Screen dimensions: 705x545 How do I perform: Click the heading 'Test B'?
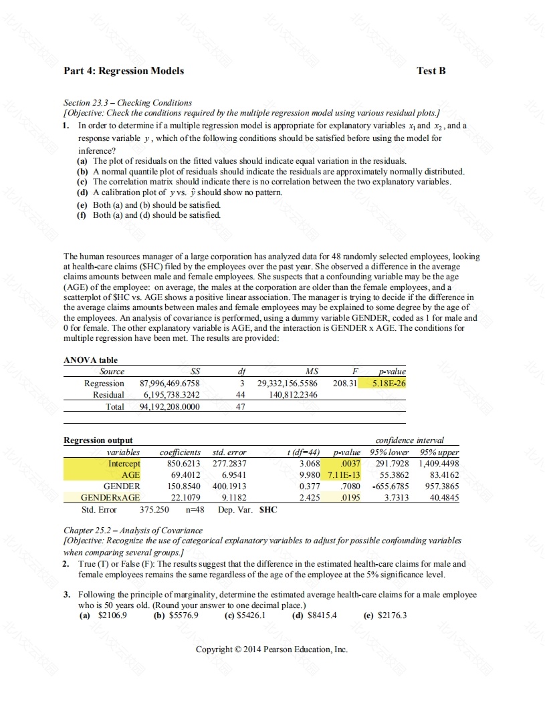point(431,71)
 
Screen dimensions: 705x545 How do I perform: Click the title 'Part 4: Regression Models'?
point(124,71)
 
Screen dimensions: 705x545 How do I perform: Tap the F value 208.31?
point(344,384)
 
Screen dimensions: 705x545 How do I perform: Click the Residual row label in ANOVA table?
point(108,395)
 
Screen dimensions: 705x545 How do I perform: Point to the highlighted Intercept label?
point(124,463)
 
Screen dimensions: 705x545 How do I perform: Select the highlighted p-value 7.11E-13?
point(344,474)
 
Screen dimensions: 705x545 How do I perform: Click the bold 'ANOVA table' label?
point(90,360)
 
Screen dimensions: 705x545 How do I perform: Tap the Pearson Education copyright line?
point(271,650)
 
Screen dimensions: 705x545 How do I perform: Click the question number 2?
point(67,564)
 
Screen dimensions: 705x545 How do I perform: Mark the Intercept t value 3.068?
point(310,463)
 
